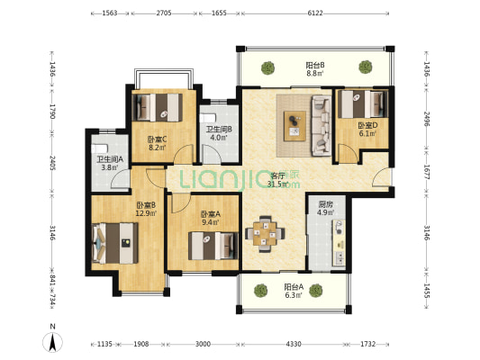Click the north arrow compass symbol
tap(52, 341)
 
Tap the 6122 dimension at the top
tap(315, 13)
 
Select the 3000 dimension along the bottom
tap(203, 344)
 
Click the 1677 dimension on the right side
tap(427, 172)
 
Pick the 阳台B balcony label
tap(315, 65)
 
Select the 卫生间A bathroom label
tap(110, 159)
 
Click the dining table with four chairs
tap(265, 234)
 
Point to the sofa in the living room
tap(322, 126)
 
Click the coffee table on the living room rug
tap(294, 126)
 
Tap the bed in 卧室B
tap(115, 243)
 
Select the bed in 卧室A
tap(213, 246)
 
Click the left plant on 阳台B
tap(268, 67)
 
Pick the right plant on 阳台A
tap(315, 291)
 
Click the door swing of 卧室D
tap(348, 153)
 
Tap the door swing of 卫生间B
tap(212, 154)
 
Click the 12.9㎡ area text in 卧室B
tap(146, 213)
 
